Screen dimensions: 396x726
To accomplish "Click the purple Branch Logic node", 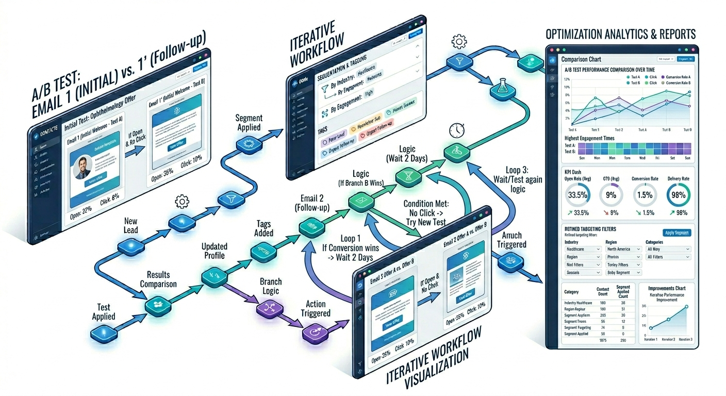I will (267, 309).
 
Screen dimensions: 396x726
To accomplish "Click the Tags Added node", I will (260, 251).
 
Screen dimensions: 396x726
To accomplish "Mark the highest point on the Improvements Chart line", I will (686, 306).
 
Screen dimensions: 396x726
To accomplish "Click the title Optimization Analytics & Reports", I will (620, 34).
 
